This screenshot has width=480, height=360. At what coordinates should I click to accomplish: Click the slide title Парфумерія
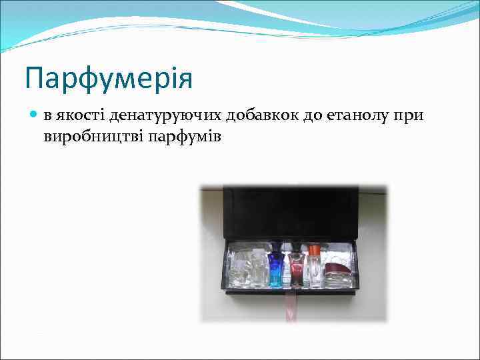(109, 79)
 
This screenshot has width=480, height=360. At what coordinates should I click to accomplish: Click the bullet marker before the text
(35, 115)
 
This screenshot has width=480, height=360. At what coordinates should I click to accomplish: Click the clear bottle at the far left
(239, 270)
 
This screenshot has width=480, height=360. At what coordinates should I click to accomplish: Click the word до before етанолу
(311, 116)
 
